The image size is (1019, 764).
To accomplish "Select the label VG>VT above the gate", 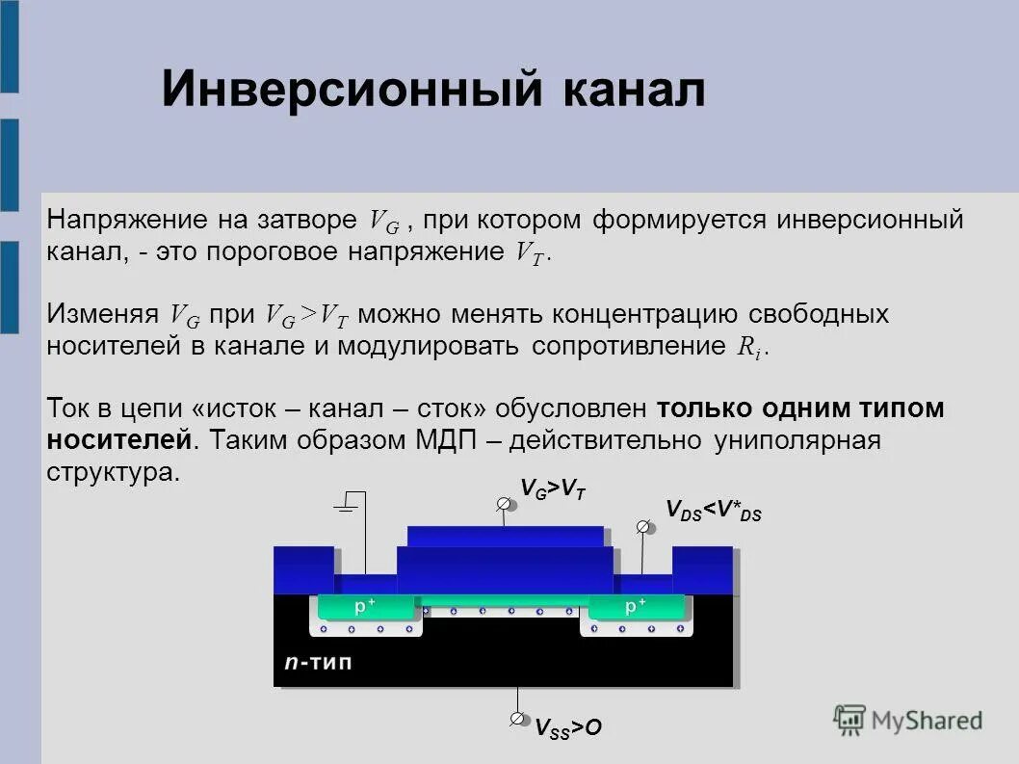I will pyautogui.click(x=553, y=490).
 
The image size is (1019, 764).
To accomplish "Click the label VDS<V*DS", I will pyautogui.click(x=714, y=511).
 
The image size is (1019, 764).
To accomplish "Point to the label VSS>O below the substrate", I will pyautogui.click(x=568, y=727).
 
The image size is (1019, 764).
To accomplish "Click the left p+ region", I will pyautogui.click(x=365, y=607).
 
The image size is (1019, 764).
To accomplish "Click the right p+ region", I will pyautogui.click(x=636, y=607).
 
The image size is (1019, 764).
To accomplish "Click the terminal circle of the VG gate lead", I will pyautogui.click(x=504, y=504).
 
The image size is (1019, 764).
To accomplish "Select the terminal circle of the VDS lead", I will pyautogui.click(x=643, y=527).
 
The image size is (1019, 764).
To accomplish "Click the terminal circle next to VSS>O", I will pyautogui.click(x=518, y=720).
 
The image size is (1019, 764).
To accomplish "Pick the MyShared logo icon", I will pyautogui.click(x=849, y=719).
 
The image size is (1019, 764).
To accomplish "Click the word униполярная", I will pyautogui.click(x=797, y=440).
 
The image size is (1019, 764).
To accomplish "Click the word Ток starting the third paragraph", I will pyautogui.click(x=65, y=408).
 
